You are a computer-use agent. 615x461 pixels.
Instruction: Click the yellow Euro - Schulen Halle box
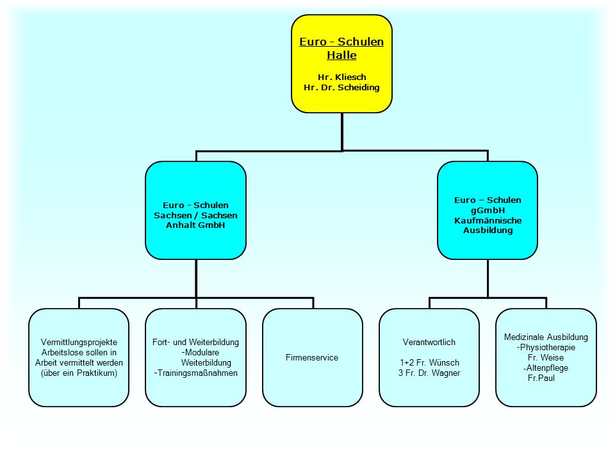click(x=341, y=64)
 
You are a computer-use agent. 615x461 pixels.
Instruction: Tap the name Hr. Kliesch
click(x=341, y=77)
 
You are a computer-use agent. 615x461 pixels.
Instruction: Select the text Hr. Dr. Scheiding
click(x=341, y=88)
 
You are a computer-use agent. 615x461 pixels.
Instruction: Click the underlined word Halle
click(x=341, y=55)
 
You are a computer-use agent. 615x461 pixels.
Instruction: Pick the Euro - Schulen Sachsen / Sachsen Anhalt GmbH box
click(x=196, y=211)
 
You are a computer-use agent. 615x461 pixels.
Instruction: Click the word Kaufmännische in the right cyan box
click(x=488, y=220)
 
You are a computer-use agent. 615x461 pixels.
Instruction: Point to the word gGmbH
click(x=488, y=211)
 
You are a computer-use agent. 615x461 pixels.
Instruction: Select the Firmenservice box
click(x=312, y=357)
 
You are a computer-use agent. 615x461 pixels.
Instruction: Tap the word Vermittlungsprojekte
click(x=79, y=342)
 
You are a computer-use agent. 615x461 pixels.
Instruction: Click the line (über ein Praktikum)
click(x=79, y=373)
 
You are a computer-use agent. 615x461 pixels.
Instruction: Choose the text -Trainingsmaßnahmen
click(x=196, y=373)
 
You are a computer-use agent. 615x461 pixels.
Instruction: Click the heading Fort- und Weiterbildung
click(x=196, y=342)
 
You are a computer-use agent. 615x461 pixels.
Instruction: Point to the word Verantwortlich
click(x=429, y=342)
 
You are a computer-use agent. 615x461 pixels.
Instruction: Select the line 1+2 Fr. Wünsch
click(x=429, y=362)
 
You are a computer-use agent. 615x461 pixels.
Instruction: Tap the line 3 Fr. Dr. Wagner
click(x=429, y=373)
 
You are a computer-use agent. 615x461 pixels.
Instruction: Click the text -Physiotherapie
click(x=546, y=347)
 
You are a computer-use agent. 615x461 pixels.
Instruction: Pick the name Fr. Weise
click(x=546, y=357)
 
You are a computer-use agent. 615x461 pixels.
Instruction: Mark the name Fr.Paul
click(x=541, y=378)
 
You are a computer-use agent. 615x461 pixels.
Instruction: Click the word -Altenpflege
click(x=546, y=368)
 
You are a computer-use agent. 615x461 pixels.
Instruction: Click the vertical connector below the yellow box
click(x=342, y=132)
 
